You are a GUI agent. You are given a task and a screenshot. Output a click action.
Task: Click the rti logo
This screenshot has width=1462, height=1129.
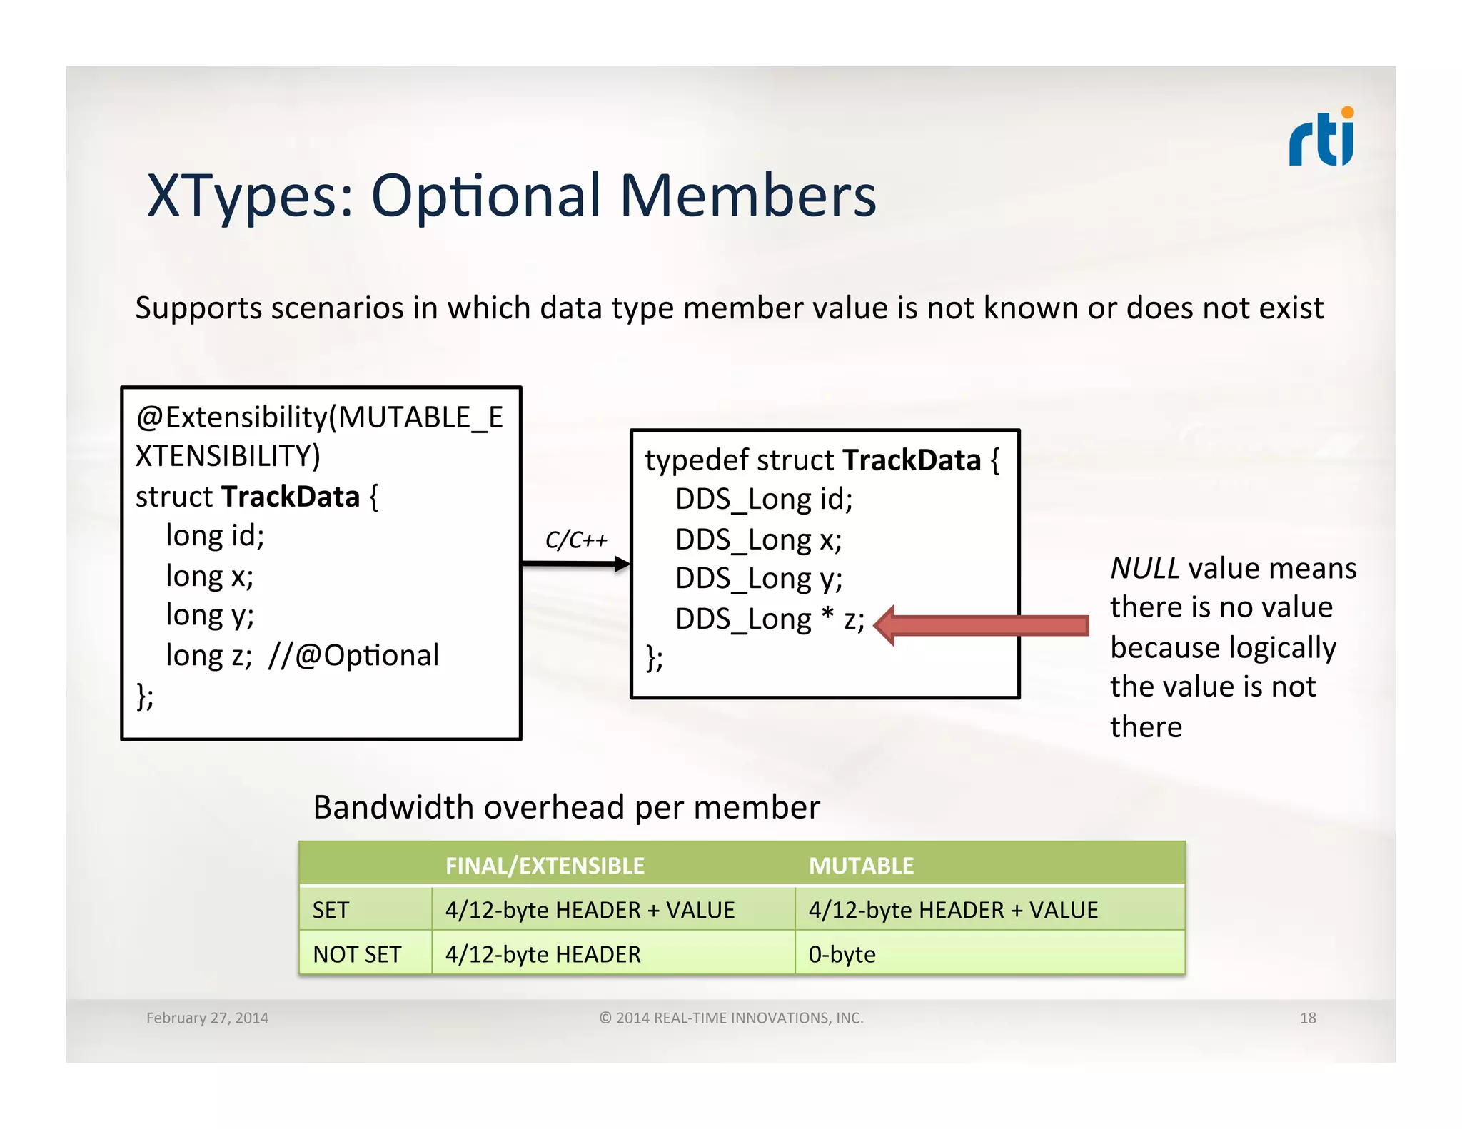click(x=1321, y=138)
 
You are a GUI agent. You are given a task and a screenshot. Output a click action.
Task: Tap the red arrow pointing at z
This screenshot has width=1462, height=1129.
click(x=982, y=626)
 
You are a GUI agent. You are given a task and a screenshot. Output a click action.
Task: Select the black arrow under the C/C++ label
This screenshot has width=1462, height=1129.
click(x=575, y=564)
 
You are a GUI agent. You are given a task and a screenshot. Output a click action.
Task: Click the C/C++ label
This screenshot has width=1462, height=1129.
click(x=575, y=540)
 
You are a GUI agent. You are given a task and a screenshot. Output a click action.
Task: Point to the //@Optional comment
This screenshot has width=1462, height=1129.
click(x=353, y=655)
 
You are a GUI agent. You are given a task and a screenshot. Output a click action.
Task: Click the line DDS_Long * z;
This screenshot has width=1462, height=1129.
click(x=769, y=619)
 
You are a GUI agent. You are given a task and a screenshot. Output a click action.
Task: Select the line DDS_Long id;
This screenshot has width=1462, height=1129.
click(x=763, y=499)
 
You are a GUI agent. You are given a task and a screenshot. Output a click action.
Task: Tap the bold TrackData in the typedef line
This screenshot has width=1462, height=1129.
click(x=912, y=460)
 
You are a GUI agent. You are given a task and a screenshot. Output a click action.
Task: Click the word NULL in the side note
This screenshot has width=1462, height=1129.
click(x=1144, y=569)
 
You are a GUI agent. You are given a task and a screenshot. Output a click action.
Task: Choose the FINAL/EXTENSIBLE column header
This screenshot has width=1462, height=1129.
click(x=545, y=866)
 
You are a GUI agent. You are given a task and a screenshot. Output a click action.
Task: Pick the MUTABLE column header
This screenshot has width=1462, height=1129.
click(x=861, y=866)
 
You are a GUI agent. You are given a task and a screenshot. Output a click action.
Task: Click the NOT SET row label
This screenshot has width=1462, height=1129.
click(x=357, y=954)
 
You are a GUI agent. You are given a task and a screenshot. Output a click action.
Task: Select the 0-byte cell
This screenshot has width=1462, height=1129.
click(x=842, y=954)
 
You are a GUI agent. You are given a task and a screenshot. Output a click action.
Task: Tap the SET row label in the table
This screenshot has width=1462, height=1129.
click(x=331, y=910)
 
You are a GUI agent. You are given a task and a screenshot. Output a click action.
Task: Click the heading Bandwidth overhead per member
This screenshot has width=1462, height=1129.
click(x=566, y=808)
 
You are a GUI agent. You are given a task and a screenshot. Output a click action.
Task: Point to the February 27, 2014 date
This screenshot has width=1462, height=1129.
click(x=207, y=1018)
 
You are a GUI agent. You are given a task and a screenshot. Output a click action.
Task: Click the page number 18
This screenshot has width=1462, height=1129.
click(x=1307, y=1018)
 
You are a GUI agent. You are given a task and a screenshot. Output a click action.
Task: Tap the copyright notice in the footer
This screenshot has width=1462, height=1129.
click(x=731, y=1018)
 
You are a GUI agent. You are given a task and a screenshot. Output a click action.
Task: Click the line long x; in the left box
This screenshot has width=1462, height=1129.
click(x=209, y=576)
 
